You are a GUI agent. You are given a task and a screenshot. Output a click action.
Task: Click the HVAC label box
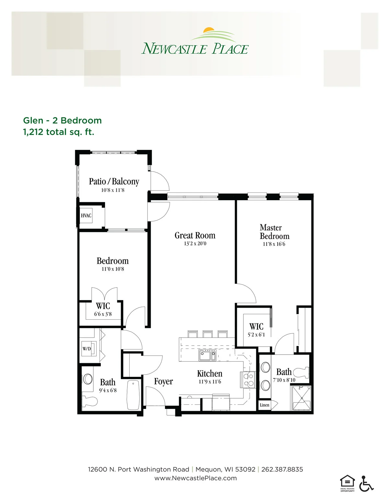coord(86,215)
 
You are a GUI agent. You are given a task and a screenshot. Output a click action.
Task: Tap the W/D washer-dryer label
coord(87,349)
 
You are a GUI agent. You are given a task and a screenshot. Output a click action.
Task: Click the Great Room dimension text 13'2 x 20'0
coord(195,243)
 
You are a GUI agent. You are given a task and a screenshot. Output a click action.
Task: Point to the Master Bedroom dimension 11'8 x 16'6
coord(274,244)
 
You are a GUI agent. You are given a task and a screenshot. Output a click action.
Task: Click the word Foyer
coord(164,382)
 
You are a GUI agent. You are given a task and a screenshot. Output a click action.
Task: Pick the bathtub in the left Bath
coord(133,395)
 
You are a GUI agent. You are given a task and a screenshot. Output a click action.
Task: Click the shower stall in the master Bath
coord(302,398)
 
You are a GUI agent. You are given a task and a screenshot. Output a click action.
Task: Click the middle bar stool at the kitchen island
coord(207,334)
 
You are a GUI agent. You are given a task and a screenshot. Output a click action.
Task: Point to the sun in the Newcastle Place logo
coord(209,30)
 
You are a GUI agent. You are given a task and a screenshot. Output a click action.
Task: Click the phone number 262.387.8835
coord(282,470)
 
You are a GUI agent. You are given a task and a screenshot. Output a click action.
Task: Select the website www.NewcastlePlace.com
coord(195,478)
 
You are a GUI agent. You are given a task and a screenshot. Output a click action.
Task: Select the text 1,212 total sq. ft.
coord(59,132)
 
